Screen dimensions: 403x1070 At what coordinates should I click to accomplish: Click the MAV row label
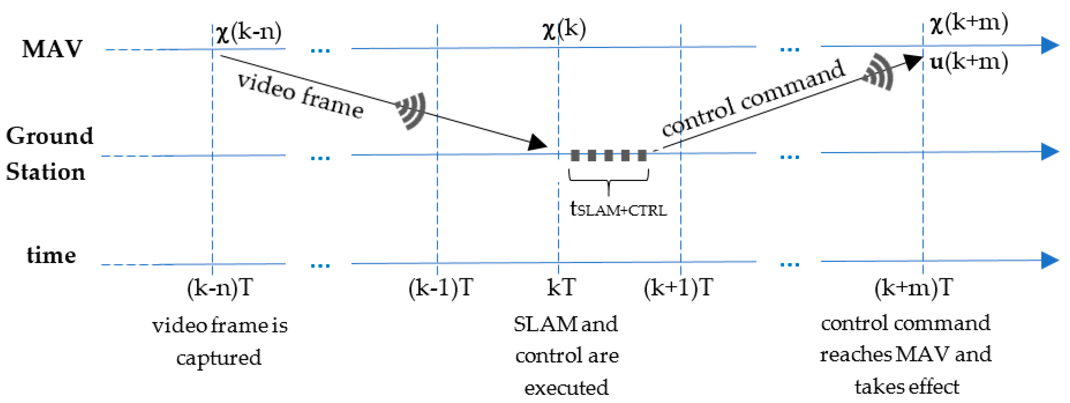[52, 49]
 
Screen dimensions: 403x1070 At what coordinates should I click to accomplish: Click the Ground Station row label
[49, 154]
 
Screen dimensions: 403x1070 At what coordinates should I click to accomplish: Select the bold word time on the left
[51, 255]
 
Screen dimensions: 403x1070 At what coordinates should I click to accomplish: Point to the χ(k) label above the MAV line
[564, 29]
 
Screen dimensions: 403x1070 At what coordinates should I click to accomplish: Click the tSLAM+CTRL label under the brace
[618, 209]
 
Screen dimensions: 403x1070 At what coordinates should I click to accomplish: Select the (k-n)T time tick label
[220, 288]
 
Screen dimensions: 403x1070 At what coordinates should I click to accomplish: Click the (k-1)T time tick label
[440, 288]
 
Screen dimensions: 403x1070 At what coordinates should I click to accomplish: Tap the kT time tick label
[561, 288]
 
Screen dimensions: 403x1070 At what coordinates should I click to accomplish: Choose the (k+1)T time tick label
[678, 288]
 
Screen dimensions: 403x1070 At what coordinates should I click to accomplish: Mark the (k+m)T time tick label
[913, 288]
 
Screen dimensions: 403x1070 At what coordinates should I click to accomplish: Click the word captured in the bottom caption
[219, 358]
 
